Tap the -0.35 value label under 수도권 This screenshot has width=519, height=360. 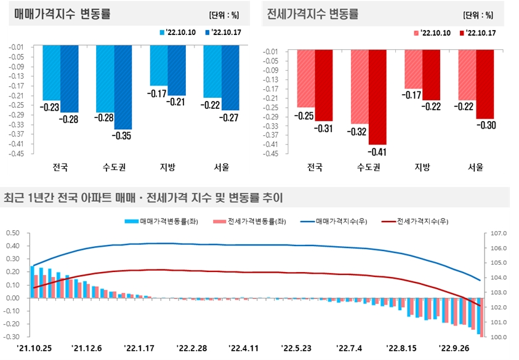coord(123,136)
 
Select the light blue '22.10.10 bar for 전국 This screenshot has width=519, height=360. coord(52,73)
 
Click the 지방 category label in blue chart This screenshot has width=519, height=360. coord(167,167)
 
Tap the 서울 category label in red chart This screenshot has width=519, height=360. coord(476,167)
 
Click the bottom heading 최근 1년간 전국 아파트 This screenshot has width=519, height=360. coord(143,198)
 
